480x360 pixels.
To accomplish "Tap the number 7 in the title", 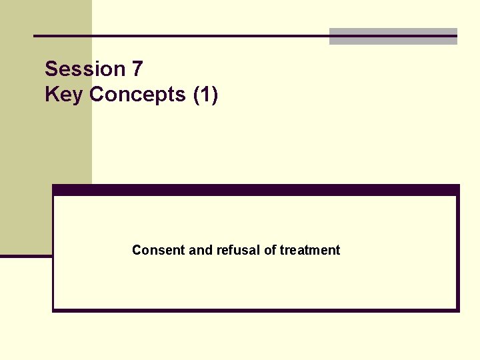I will click(137, 69).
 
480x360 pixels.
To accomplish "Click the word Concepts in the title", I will click(137, 94).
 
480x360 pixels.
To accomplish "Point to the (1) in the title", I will click(205, 94).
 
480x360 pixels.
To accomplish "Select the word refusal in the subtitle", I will click(238, 250).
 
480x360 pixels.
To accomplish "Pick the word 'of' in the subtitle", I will click(270, 250).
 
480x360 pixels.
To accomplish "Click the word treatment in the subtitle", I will click(310, 250).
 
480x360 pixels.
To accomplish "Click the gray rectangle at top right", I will click(393, 37).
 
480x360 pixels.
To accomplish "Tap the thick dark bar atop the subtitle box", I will click(256, 189).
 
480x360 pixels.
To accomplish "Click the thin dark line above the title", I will click(180, 35).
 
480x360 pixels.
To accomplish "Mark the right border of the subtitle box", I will click(457, 253).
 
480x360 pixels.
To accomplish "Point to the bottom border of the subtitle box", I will click(256, 310).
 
